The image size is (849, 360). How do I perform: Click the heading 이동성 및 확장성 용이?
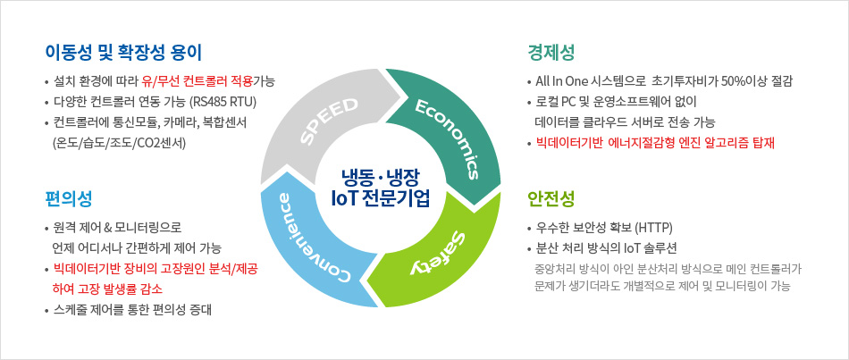pyautogui.click(x=125, y=51)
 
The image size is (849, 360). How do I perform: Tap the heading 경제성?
pyautogui.click(x=551, y=51)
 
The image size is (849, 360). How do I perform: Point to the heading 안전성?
pyautogui.click(x=551, y=197)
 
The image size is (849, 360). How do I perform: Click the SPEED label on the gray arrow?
pyautogui.click(x=328, y=121)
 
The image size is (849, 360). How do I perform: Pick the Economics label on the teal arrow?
pyautogui.click(x=450, y=135)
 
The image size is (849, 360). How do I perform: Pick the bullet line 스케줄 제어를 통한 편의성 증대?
pyautogui.click(x=135, y=310)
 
